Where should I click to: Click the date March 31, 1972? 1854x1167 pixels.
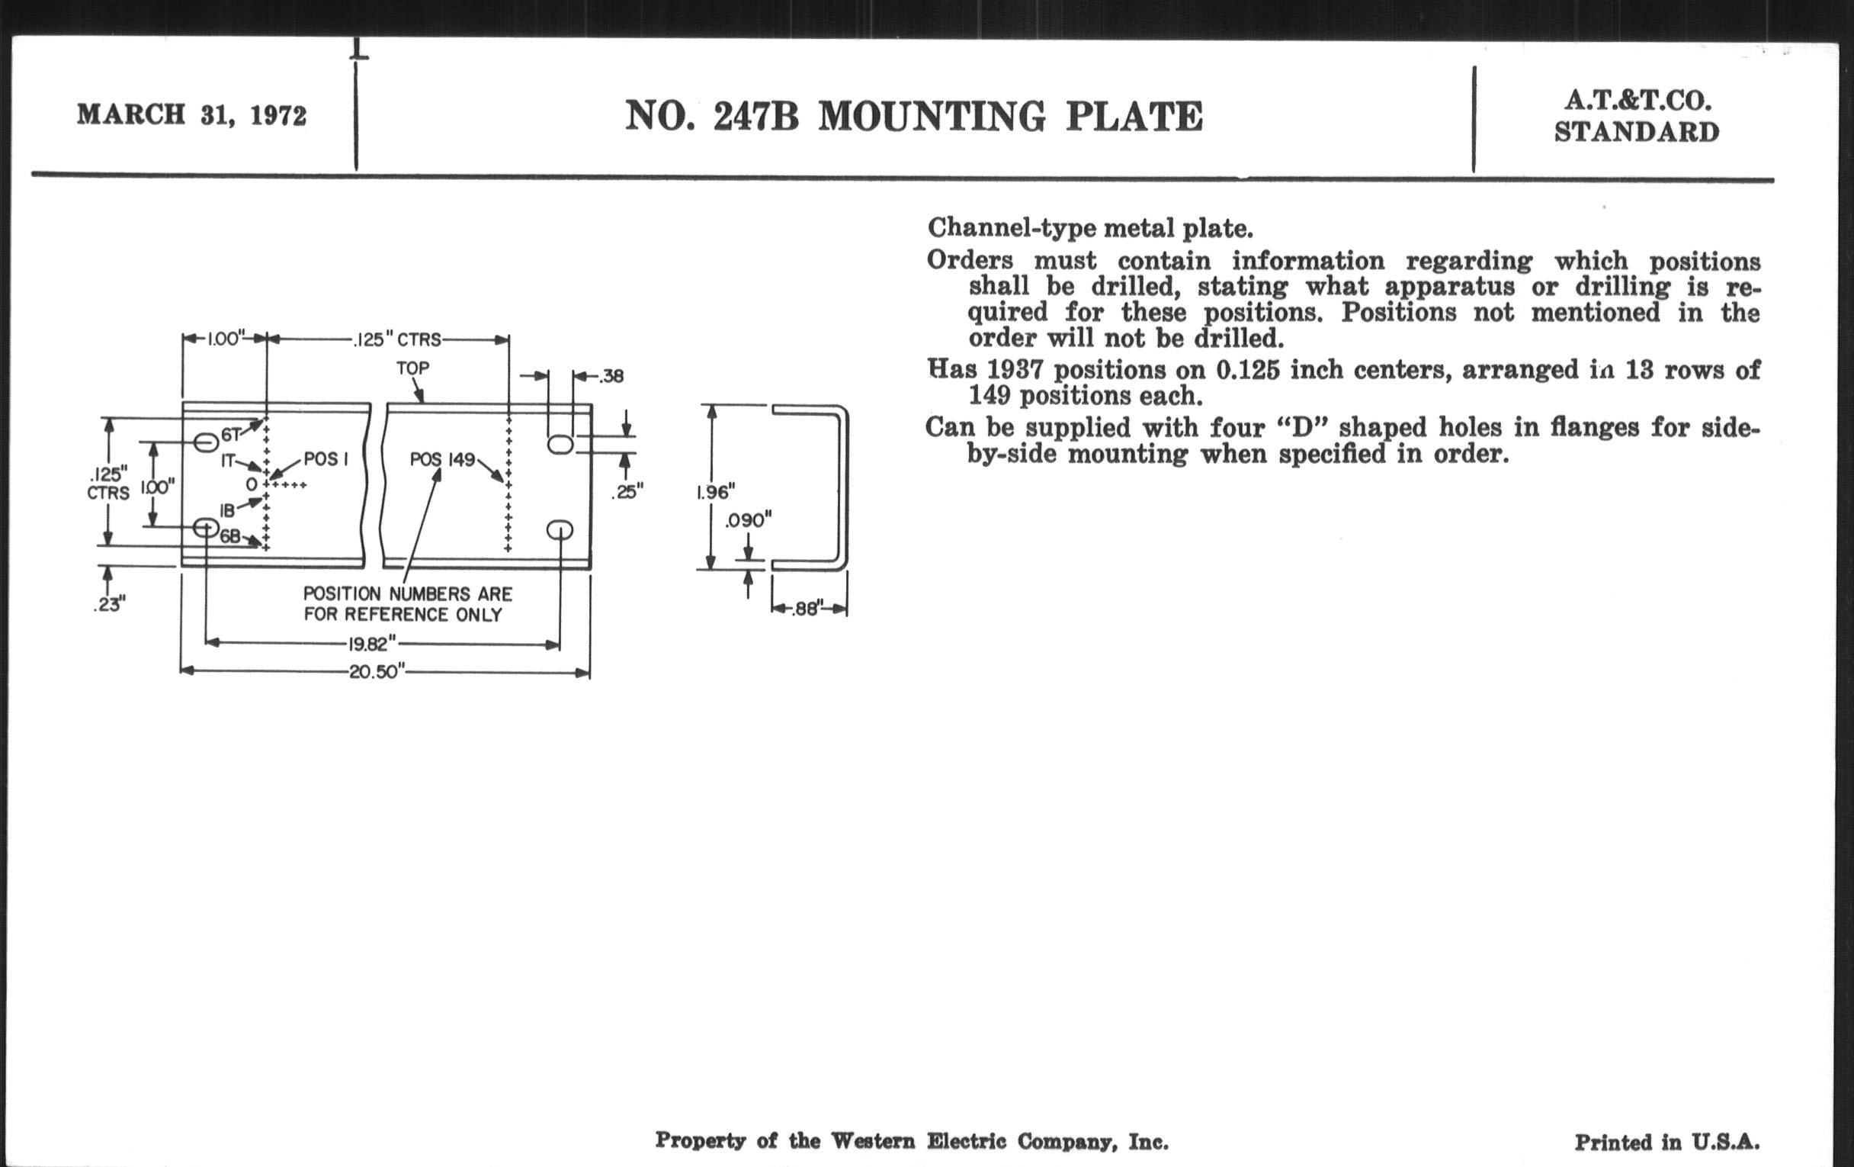(x=191, y=114)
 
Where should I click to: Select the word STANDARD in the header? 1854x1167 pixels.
(x=1636, y=133)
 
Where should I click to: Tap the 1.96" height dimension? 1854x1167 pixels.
(x=715, y=491)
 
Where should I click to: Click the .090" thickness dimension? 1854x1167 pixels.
(x=748, y=521)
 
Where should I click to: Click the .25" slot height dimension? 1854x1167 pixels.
(x=627, y=491)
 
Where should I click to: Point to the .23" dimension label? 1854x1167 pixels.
(x=109, y=605)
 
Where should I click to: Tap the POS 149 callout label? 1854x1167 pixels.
(x=442, y=460)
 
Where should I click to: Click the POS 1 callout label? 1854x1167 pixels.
(x=326, y=459)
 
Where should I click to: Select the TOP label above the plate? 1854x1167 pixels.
(x=412, y=368)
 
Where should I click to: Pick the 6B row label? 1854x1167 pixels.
(x=230, y=537)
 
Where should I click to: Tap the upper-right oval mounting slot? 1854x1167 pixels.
(x=560, y=445)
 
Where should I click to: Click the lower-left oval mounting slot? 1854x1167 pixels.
(x=206, y=528)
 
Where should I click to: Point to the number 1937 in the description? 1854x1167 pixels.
(x=1014, y=371)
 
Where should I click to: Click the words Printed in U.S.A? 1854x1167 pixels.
(x=1667, y=1142)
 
